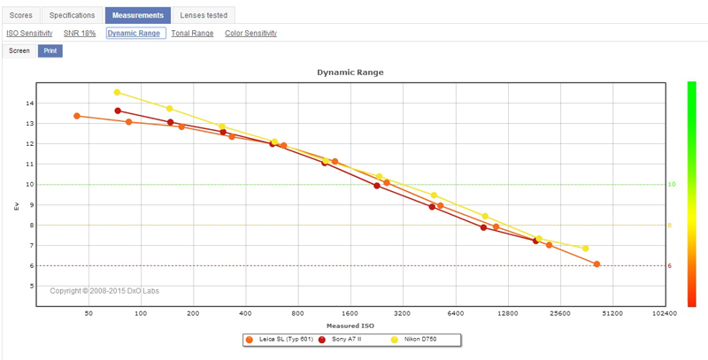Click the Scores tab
tap(20, 15)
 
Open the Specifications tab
tap(73, 15)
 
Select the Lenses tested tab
tap(203, 15)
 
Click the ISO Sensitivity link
tap(29, 34)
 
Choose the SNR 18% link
tap(81, 34)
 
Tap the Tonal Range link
tap(192, 34)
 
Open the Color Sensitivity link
tap(250, 34)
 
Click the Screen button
tap(19, 51)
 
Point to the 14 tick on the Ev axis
tap(30, 103)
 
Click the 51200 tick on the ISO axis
tap(612, 313)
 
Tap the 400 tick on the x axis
tap(245, 313)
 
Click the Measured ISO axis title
tap(350, 324)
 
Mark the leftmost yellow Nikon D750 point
tap(117, 92)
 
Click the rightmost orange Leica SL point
tap(597, 264)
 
